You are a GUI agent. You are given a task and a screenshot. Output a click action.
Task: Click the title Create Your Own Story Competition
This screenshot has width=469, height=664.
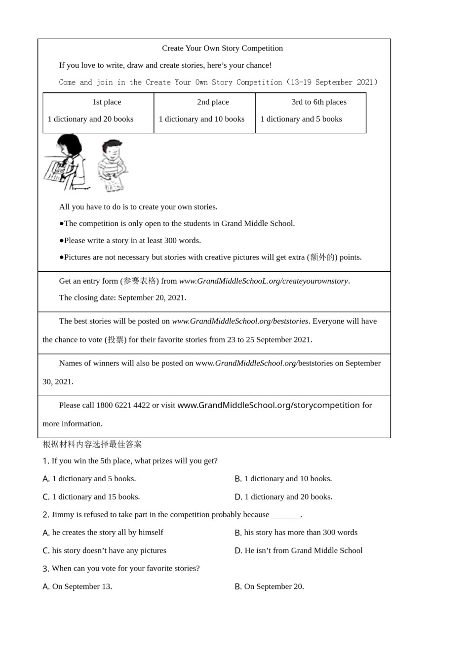[x=222, y=48]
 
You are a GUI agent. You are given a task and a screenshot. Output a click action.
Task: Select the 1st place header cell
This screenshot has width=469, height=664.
[x=106, y=102]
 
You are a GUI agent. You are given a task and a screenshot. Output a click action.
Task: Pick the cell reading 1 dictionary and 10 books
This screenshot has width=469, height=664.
[x=201, y=119]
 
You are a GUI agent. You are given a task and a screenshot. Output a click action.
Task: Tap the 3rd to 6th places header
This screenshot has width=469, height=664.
[x=318, y=102]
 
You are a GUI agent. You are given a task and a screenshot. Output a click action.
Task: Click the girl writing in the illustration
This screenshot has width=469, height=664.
[x=67, y=162]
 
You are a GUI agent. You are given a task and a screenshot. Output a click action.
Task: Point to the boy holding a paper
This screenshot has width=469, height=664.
[x=112, y=166]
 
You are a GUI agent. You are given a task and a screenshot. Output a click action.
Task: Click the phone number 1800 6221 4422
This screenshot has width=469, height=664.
[x=123, y=405]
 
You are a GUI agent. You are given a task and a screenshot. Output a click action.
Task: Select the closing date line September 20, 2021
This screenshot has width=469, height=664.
[x=122, y=298]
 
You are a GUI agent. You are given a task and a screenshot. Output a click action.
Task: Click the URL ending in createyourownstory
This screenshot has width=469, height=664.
[x=264, y=281]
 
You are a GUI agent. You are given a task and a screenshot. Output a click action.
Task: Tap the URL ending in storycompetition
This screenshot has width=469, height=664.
[x=268, y=405]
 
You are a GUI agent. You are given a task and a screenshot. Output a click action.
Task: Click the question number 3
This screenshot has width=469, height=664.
[x=45, y=569]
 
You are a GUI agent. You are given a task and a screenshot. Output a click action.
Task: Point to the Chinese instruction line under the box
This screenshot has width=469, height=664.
[x=92, y=444]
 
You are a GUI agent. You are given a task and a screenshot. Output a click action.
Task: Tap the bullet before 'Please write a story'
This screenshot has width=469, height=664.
[x=61, y=241]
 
